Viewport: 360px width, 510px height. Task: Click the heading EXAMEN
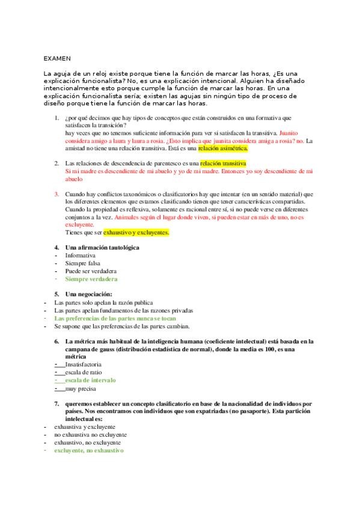tap(57, 58)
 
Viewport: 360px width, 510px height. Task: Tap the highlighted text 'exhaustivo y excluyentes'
tap(136, 232)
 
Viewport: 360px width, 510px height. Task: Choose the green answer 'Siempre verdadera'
tap(91, 279)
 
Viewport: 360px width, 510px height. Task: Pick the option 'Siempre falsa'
tap(83, 263)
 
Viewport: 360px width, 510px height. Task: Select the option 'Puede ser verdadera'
tap(91, 271)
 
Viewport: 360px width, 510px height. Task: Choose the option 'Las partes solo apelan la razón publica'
tap(103, 302)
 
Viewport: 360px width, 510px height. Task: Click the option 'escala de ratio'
tap(86, 372)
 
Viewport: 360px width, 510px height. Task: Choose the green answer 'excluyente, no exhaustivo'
tap(88, 450)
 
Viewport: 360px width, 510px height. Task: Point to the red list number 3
tap(56, 194)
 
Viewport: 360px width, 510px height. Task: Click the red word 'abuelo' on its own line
tap(74, 179)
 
